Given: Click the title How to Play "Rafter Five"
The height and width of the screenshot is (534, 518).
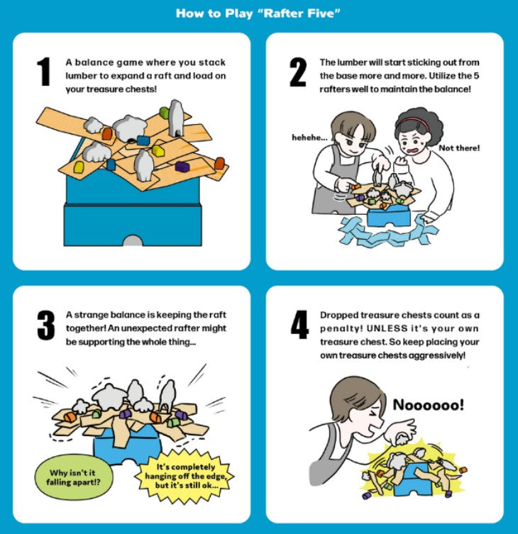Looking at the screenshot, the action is tap(258, 13).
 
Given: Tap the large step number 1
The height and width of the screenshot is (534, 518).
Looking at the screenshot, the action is tap(44, 71).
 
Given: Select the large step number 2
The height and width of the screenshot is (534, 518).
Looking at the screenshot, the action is tap(298, 72).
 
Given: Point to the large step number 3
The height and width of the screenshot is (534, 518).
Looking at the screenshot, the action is tap(45, 325).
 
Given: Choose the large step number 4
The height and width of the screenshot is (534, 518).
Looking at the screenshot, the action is tap(299, 324).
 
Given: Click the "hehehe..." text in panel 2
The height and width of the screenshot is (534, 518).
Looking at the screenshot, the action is tap(309, 138).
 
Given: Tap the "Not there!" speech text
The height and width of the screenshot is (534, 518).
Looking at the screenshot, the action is tap(459, 148).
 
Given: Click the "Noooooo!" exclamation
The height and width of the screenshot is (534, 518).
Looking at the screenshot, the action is tap(429, 405).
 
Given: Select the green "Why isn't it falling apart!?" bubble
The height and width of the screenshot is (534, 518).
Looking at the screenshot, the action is tap(74, 477).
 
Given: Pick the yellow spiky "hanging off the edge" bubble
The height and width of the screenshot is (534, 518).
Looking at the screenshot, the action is tap(185, 476).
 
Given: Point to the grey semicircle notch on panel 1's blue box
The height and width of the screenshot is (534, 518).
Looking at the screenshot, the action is tap(133, 240).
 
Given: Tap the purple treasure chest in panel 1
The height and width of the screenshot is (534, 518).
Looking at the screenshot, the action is tap(182, 166).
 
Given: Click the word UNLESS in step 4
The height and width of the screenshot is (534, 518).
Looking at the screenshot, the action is tap(387, 328).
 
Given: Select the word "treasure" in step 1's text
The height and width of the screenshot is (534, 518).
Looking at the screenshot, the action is tap(106, 89).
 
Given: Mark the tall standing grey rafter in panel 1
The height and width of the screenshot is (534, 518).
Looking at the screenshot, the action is tap(176, 118).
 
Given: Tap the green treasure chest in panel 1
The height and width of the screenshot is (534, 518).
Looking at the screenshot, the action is tap(164, 112).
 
